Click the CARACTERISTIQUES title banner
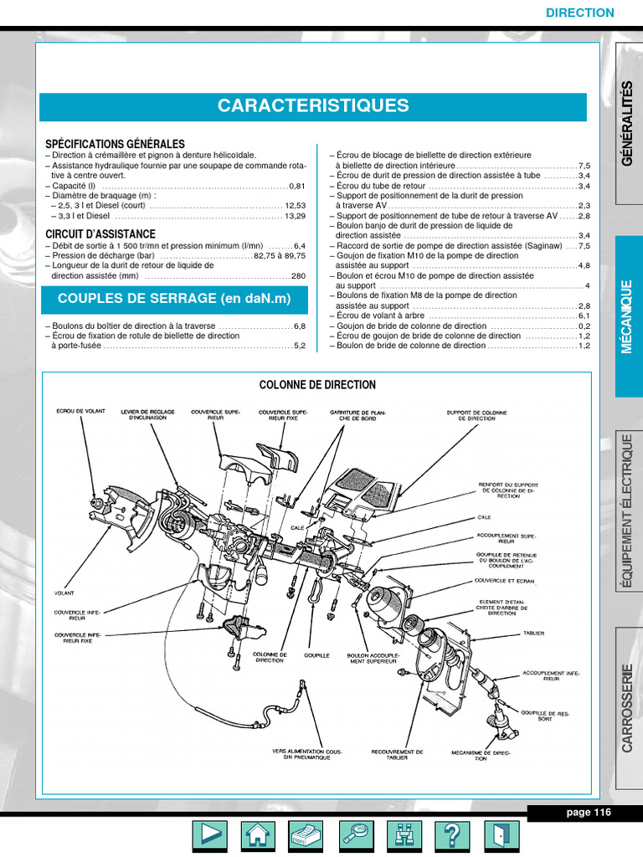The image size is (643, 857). point(313,106)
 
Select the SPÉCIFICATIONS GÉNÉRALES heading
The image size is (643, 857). point(115,144)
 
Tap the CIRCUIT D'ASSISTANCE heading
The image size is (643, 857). point(100,234)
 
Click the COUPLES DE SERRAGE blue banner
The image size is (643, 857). point(174,300)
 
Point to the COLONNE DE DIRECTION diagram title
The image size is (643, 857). point(317,385)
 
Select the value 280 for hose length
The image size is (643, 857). point(299,275)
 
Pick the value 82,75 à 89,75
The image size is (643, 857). point(280,255)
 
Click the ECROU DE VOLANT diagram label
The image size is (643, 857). point(80,412)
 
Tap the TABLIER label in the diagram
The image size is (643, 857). point(533,634)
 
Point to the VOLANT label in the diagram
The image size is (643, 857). point(64,593)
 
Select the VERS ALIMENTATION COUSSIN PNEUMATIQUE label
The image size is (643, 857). point(307,754)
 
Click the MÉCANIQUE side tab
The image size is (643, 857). point(628,316)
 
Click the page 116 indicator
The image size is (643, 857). point(589,813)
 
